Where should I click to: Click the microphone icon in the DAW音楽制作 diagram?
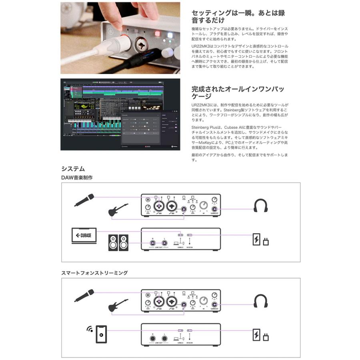[84, 200]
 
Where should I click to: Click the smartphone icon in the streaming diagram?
[101, 334]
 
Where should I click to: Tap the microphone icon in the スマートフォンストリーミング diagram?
[84, 296]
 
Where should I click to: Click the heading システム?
[73, 168]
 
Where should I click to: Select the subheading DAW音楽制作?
[77, 178]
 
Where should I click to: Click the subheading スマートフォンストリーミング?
[94, 273]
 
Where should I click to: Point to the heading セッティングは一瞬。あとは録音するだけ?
[238, 16]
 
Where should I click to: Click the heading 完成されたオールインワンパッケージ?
[238, 92]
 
